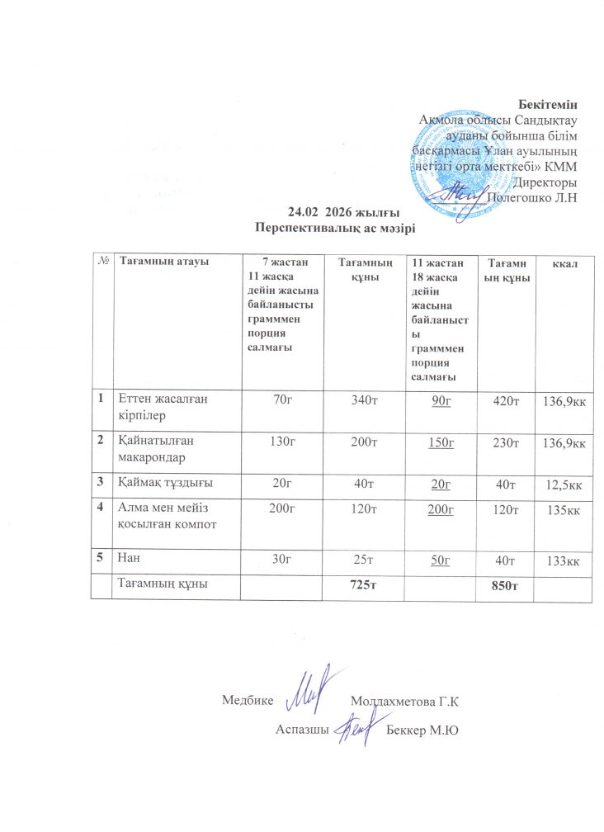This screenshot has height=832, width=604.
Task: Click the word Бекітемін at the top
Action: point(546,105)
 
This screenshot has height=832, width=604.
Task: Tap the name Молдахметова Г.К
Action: point(403,702)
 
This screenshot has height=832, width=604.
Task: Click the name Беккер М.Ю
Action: point(422,730)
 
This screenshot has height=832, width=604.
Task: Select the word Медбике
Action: point(248,702)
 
